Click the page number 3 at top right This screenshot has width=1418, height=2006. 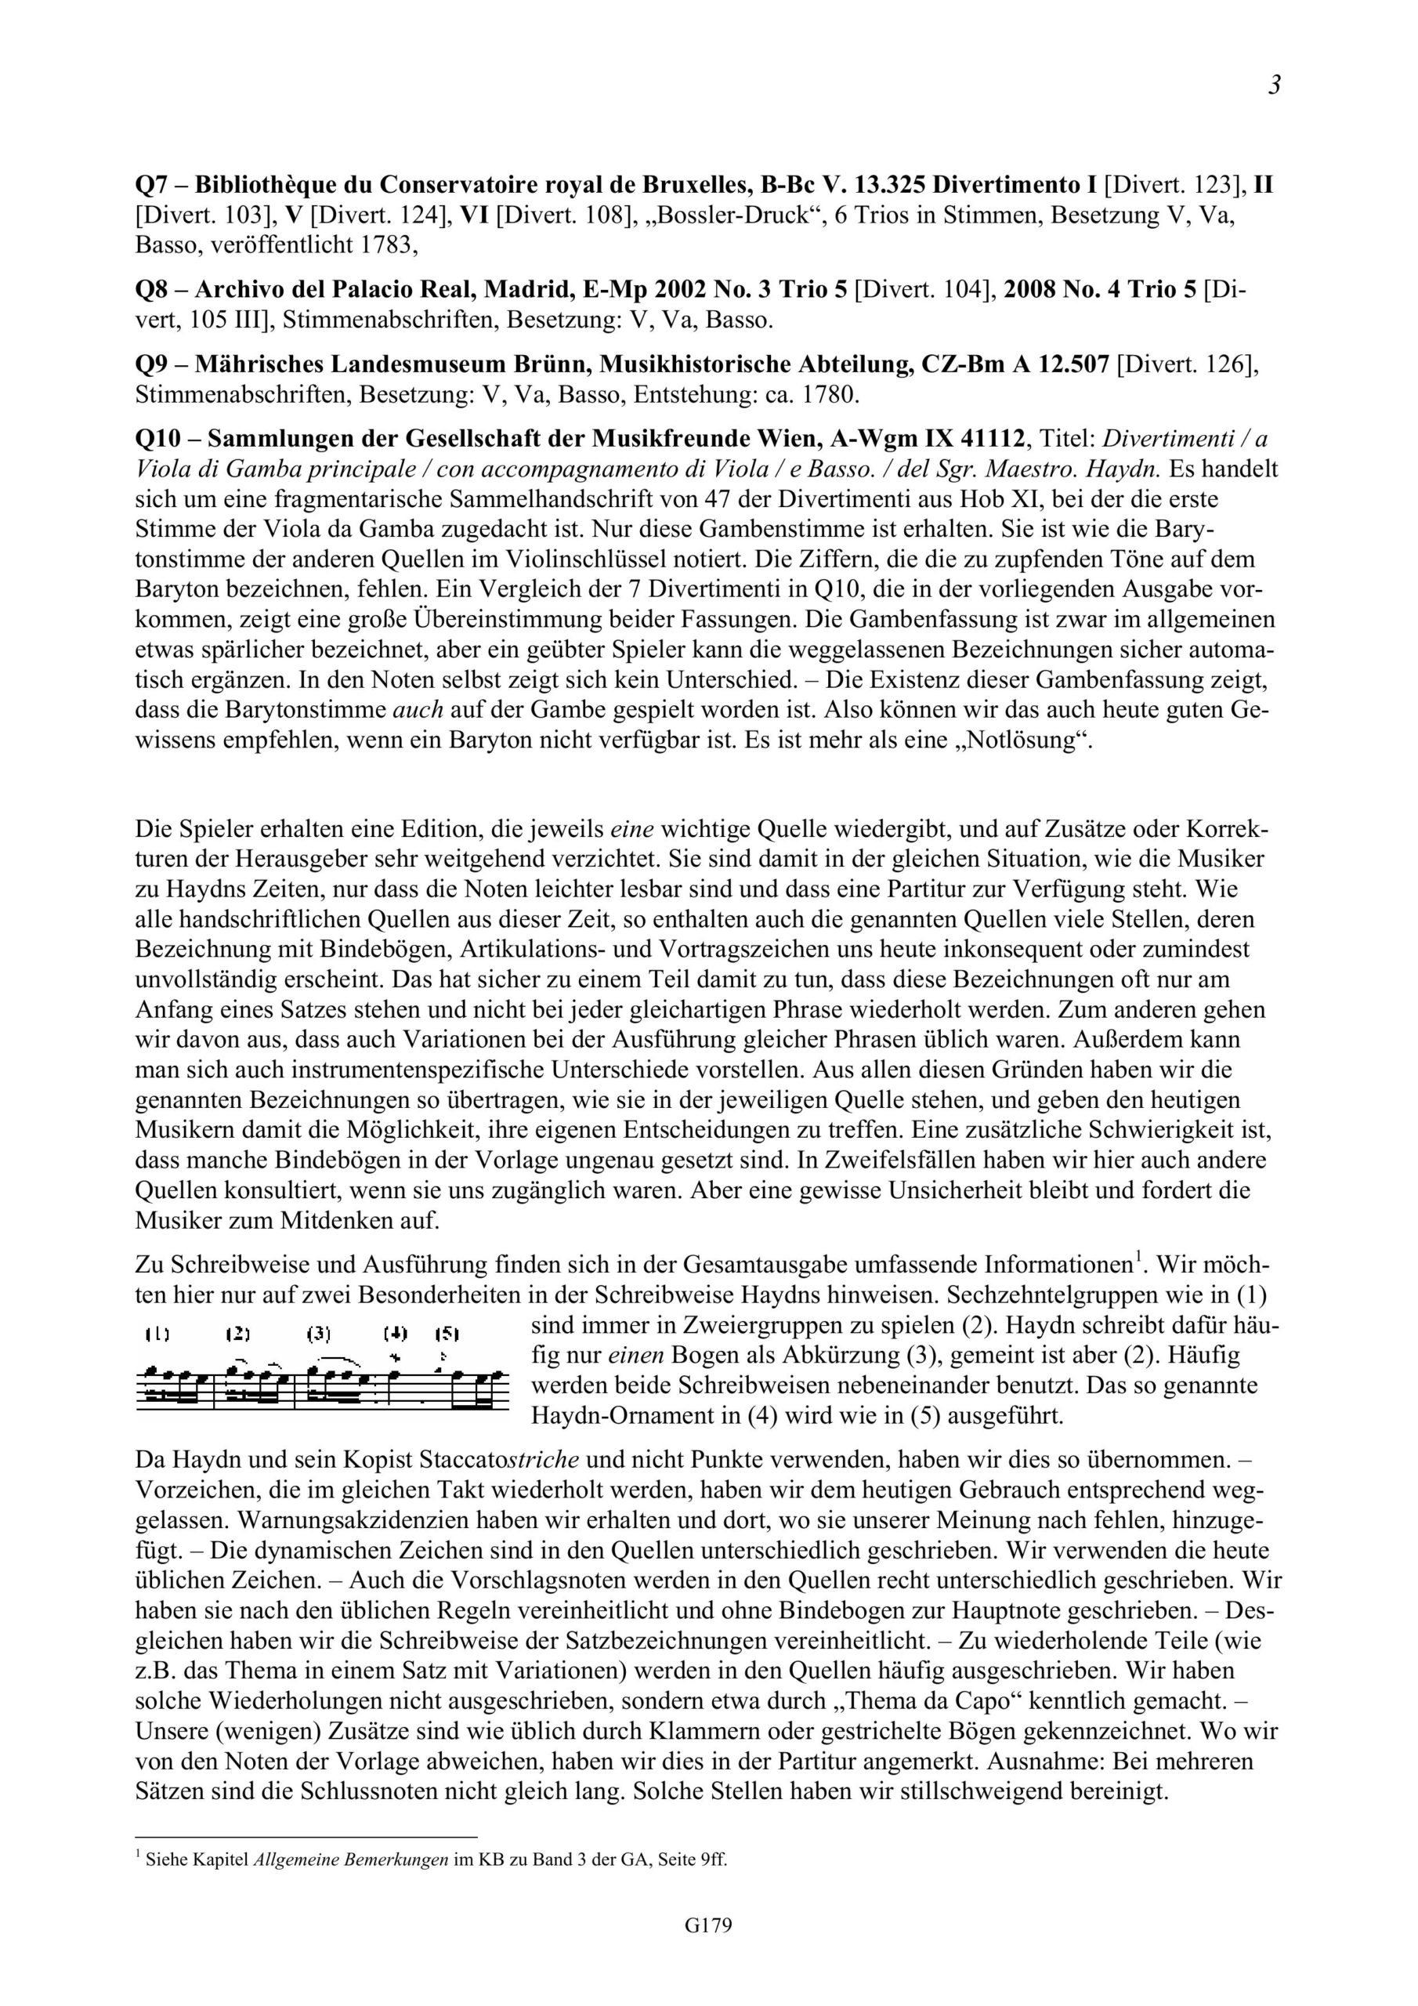coord(1274,85)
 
